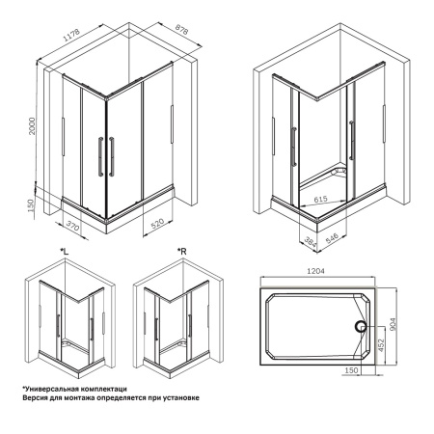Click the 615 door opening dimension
pos(328,200)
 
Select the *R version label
pos(180,252)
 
